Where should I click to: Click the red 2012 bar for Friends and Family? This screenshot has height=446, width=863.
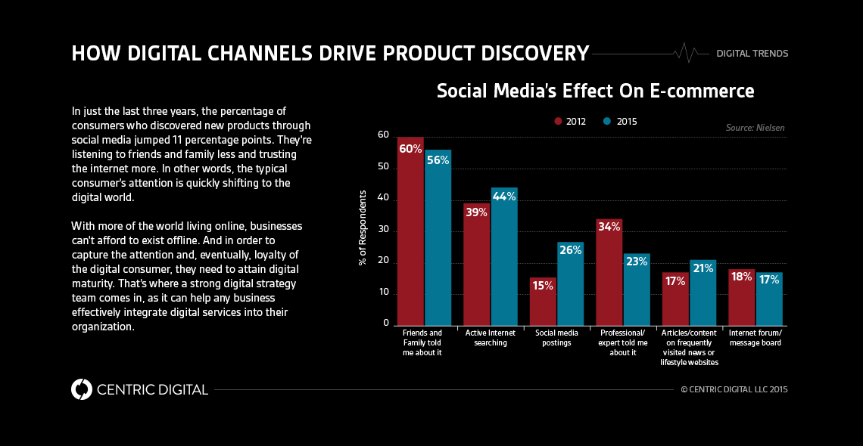pyautogui.click(x=410, y=234)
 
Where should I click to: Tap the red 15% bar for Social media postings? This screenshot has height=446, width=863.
pyautogui.click(x=543, y=302)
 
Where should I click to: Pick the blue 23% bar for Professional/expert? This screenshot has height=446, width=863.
pyautogui.click(x=637, y=291)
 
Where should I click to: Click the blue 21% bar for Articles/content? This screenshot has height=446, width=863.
pyautogui.click(x=703, y=295)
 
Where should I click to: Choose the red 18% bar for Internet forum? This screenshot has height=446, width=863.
pyautogui.click(x=741, y=299)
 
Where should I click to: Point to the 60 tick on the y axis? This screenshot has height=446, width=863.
pyautogui.click(x=384, y=135)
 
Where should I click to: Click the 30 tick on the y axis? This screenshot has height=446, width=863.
pyautogui.click(x=384, y=230)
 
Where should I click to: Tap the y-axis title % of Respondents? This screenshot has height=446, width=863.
pyautogui.click(x=363, y=228)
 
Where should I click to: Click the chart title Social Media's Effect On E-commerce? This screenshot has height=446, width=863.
pyautogui.click(x=595, y=91)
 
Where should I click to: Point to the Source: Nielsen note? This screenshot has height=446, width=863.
pyautogui.click(x=755, y=128)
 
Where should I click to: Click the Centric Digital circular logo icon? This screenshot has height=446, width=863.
pyautogui.click(x=82, y=389)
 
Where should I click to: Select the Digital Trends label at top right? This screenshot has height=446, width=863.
pyautogui.click(x=752, y=54)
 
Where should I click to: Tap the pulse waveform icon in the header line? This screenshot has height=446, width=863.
pyautogui.click(x=685, y=53)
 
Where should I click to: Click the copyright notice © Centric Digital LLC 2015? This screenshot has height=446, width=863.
pyautogui.click(x=734, y=390)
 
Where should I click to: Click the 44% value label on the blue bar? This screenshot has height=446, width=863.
pyautogui.click(x=504, y=197)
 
